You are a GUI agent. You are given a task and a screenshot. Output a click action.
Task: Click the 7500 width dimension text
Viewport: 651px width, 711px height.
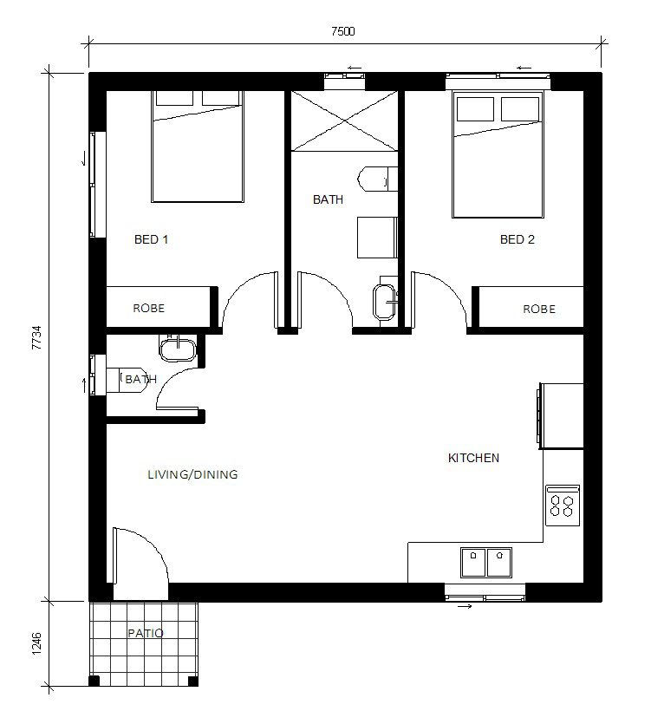tap(342, 31)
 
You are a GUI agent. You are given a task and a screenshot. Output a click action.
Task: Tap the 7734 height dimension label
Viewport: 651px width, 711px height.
tap(36, 337)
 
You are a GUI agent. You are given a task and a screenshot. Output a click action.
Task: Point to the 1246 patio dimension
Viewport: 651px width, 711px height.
tap(36, 643)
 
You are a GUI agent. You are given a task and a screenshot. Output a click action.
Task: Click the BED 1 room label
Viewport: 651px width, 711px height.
tap(151, 239)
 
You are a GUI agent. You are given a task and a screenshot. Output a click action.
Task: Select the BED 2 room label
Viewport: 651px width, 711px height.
tap(518, 239)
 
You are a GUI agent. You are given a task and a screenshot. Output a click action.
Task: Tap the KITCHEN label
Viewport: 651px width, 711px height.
tap(473, 458)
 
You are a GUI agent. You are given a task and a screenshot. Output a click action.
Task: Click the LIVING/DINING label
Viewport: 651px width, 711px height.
tap(192, 475)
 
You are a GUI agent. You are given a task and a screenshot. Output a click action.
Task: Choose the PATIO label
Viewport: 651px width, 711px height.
tap(146, 633)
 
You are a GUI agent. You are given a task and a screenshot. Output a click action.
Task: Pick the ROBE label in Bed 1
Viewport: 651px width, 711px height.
tap(149, 309)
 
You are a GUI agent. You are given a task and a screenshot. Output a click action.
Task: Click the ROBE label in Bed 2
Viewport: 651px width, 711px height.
tap(539, 310)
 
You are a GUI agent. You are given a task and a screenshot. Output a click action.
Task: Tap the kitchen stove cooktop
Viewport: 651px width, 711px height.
tap(563, 506)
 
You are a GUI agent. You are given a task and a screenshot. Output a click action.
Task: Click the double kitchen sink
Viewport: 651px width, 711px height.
tap(486, 562)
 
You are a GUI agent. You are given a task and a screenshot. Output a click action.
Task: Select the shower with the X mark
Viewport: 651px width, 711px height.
tap(344, 121)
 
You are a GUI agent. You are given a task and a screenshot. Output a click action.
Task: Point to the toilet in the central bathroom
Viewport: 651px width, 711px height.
tap(378, 179)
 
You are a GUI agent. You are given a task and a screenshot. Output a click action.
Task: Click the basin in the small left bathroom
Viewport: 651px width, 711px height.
tap(179, 349)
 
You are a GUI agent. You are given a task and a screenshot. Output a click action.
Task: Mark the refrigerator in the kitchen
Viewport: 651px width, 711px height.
tap(561, 416)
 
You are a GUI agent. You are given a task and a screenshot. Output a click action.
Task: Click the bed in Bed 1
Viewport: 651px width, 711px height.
tap(198, 147)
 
